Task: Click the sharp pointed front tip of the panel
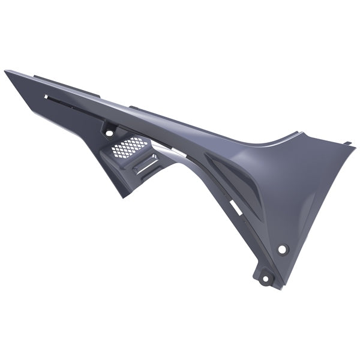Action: click(6, 71)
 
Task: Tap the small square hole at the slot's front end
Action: click(46, 96)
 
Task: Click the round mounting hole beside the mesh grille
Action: click(109, 130)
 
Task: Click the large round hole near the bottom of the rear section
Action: click(283, 248)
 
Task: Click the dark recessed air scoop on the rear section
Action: click(231, 180)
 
